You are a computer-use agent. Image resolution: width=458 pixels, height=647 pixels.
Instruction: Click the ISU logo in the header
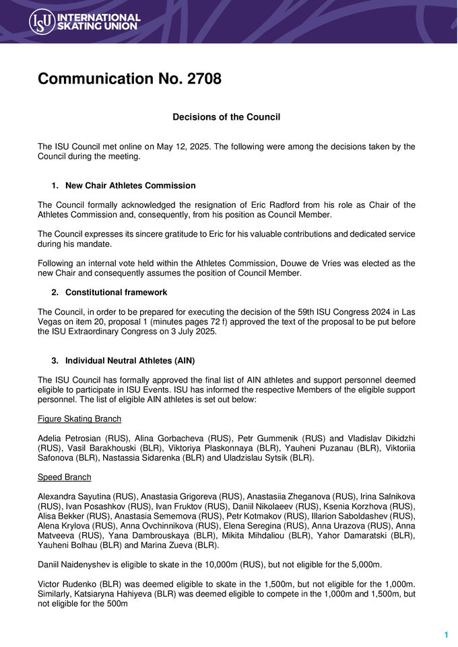click(84, 22)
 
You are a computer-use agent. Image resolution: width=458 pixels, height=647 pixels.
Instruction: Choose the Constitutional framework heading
click(116, 293)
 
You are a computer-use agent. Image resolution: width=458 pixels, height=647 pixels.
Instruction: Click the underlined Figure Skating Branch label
click(79, 419)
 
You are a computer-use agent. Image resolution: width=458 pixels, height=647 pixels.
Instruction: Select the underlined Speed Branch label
click(65, 478)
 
